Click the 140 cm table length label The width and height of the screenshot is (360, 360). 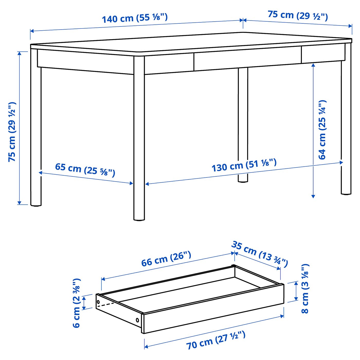tap(135, 18)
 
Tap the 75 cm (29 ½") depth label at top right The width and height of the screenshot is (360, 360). tap(298, 15)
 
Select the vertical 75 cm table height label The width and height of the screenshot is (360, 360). tap(12, 132)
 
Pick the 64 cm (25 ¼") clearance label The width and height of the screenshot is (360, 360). tap(322, 130)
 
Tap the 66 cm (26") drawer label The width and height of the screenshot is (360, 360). tap(166, 259)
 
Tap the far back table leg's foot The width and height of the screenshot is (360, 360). tap(243, 181)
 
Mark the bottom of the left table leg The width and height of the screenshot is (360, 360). tap(36, 204)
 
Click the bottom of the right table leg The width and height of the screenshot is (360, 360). tap(346, 193)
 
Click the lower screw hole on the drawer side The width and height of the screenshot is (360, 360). tap(137, 320)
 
